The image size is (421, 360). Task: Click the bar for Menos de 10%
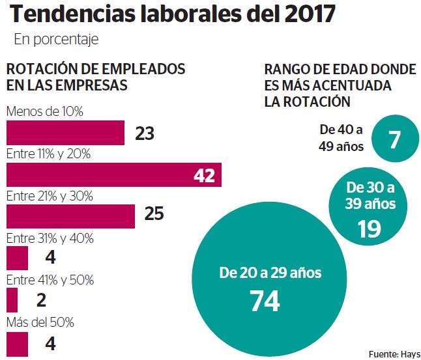[x=65, y=133]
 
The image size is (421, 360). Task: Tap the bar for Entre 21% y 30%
[x=70, y=216]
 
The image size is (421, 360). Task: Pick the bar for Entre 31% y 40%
[x=17, y=258]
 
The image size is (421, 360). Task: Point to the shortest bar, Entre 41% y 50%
[x=12, y=300]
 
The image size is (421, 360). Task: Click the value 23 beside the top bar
[x=145, y=133]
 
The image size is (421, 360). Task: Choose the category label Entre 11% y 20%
[x=48, y=154]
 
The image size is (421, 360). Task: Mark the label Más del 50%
[x=40, y=322]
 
